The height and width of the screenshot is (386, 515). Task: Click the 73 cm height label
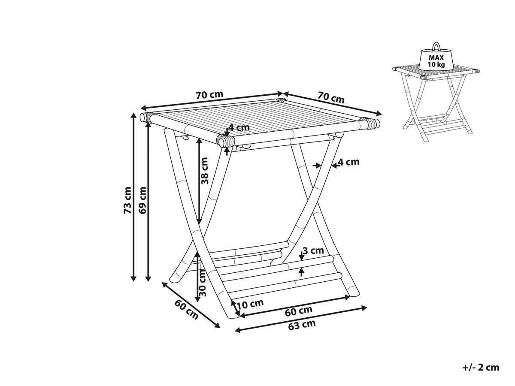(x=127, y=200)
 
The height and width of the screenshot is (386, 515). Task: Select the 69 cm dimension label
(x=142, y=200)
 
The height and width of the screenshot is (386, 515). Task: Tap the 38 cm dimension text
(x=204, y=171)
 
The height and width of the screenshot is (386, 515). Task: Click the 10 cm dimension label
(x=250, y=304)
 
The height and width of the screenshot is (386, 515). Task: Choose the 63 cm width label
(x=302, y=325)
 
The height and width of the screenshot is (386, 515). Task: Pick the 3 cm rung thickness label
(x=313, y=251)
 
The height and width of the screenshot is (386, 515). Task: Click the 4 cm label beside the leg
(x=349, y=162)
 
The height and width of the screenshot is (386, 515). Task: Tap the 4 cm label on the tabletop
(x=239, y=128)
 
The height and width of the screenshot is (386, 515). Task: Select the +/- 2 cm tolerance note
(x=481, y=368)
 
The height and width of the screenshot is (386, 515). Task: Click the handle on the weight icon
(x=436, y=46)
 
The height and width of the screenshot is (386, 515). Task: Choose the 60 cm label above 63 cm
(x=299, y=311)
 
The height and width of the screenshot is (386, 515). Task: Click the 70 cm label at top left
(x=209, y=95)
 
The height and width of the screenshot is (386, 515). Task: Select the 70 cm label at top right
(x=331, y=97)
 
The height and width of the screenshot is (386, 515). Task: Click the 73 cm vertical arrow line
(x=133, y=197)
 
